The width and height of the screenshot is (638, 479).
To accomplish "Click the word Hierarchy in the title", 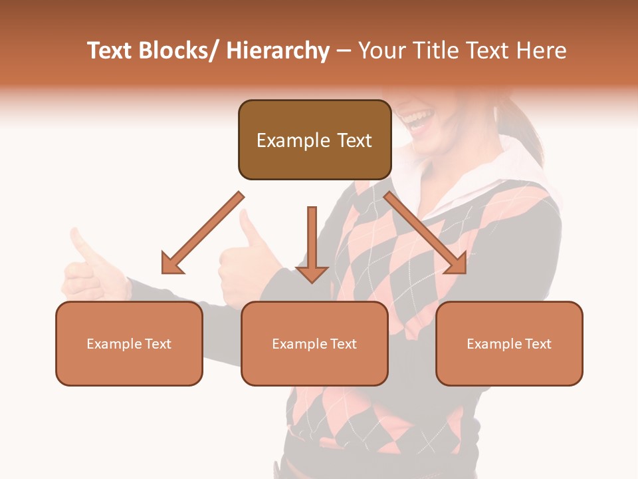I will (x=277, y=51).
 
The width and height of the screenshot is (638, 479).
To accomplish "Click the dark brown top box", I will (x=314, y=140).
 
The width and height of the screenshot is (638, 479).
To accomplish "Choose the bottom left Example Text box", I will (x=129, y=343).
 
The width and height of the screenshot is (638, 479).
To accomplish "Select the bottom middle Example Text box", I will (x=314, y=343).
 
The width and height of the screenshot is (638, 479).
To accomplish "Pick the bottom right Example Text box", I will (x=509, y=343).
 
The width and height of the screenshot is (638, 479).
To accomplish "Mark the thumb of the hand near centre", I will (x=249, y=229).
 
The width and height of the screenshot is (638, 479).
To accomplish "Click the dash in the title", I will (x=344, y=51).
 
